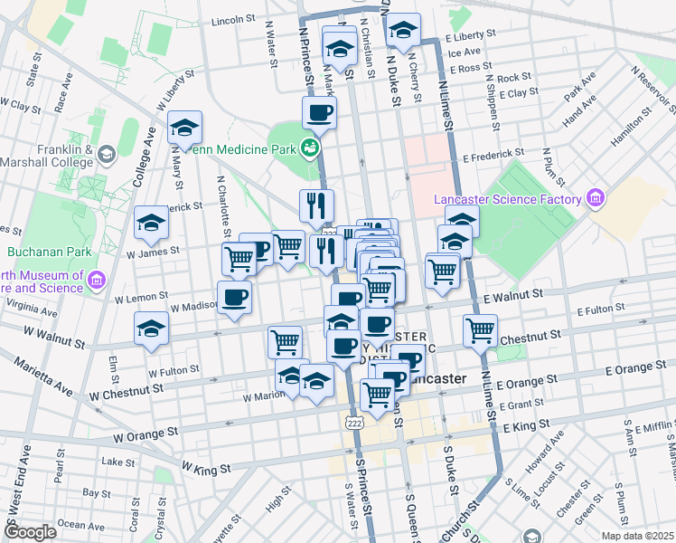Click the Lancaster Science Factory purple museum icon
pos(595,198)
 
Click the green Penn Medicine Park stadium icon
pos(311,147)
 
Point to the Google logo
pos(31,532)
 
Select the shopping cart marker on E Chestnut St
pos(480,330)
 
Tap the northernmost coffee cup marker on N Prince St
pos(318,113)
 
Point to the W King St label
pos(207,469)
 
